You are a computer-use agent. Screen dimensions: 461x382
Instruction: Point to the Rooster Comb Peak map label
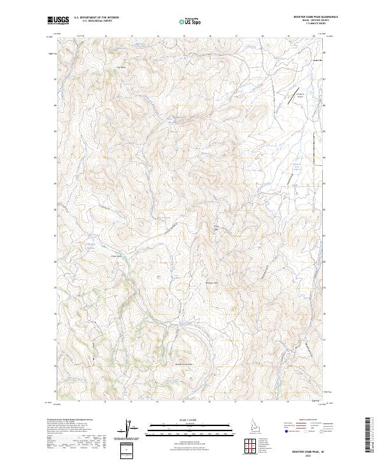click(x=184, y=364)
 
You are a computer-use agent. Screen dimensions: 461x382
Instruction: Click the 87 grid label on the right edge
click(x=324, y=79)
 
